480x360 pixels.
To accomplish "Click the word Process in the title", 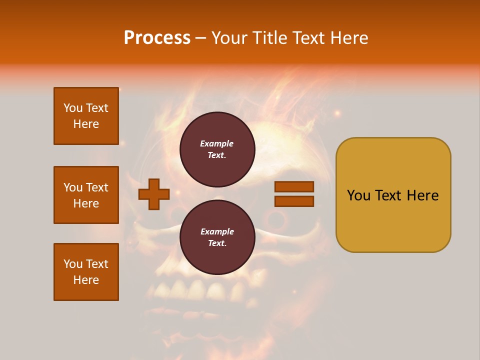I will (x=157, y=38).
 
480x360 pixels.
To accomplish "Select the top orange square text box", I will (x=86, y=116).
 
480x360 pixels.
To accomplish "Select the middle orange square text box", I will (x=86, y=195).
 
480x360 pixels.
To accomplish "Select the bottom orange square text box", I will (x=86, y=272).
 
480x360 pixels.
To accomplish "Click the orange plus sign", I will (x=154, y=194).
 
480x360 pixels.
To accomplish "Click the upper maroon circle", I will (x=217, y=149).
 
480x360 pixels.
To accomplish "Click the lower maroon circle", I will (x=217, y=237).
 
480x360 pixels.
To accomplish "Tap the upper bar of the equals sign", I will (x=294, y=187).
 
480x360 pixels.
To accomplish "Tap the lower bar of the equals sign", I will (x=294, y=201).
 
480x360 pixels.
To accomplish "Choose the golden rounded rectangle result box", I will (x=393, y=220).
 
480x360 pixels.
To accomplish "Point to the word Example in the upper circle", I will (x=217, y=143).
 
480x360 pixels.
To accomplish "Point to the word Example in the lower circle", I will (x=217, y=231).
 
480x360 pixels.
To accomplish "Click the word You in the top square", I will (x=72, y=108).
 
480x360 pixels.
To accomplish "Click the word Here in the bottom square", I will (x=86, y=280).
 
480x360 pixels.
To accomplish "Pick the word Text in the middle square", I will (x=97, y=187).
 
